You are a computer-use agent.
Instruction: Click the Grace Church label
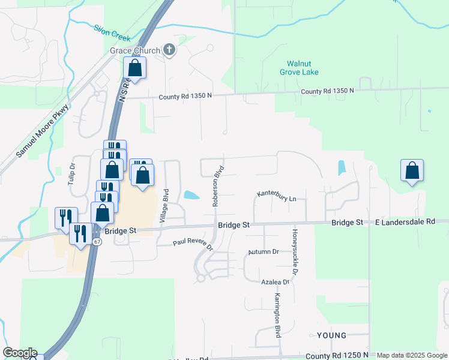tap(134, 50)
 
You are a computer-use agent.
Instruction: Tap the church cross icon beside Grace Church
tap(169, 50)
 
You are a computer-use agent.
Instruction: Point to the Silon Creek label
tap(112, 32)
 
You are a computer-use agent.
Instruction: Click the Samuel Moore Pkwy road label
tap(43, 131)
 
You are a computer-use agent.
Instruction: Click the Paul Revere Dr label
tap(193, 244)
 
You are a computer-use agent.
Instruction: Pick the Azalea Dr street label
tap(276, 281)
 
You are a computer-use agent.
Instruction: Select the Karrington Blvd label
tap(278, 316)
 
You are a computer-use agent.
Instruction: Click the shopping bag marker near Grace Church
tap(135, 68)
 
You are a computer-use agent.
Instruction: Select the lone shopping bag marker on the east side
tap(412, 171)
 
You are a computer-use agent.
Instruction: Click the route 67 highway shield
tap(97, 241)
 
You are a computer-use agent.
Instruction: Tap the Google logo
tap(20, 353)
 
